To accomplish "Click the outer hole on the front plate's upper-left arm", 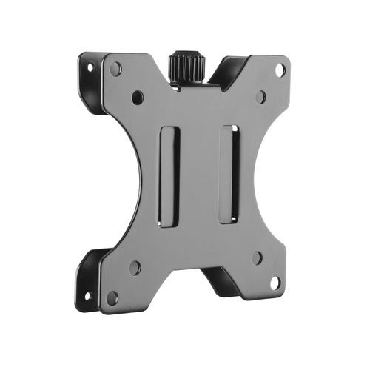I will (115, 69).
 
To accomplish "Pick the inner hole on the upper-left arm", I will (138, 96).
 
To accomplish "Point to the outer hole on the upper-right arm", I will (280, 70).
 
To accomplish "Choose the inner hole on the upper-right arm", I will (260, 96).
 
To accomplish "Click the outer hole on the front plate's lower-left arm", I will (112, 297).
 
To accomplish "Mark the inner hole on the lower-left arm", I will (135, 268).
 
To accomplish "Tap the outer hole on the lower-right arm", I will (275, 283).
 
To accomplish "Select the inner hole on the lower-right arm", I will (257, 258).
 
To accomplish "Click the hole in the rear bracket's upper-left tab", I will (90, 67).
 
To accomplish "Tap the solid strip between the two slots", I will (200, 174).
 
